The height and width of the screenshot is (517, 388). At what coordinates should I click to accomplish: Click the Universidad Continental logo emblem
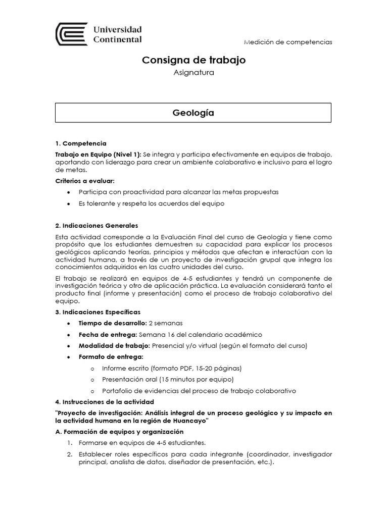(x=70, y=34)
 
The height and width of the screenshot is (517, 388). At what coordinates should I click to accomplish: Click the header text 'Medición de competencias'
(x=287, y=42)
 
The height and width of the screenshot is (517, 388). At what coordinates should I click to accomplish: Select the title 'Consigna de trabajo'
(x=193, y=60)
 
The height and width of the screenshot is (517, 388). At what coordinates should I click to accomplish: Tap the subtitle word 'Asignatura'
(x=193, y=73)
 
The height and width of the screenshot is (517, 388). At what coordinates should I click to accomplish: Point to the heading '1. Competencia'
(x=80, y=143)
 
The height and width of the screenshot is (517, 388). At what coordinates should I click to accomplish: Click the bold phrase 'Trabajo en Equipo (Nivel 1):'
(x=98, y=153)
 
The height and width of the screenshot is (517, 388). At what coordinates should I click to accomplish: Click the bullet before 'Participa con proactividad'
(x=68, y=192)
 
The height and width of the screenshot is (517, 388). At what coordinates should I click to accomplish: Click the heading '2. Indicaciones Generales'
(x=96, y=226)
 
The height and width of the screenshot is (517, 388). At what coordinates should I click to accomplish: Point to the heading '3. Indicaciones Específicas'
(x=98, y=312)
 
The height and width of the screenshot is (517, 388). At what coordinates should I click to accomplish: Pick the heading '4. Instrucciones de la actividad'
(x=104, y=401)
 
